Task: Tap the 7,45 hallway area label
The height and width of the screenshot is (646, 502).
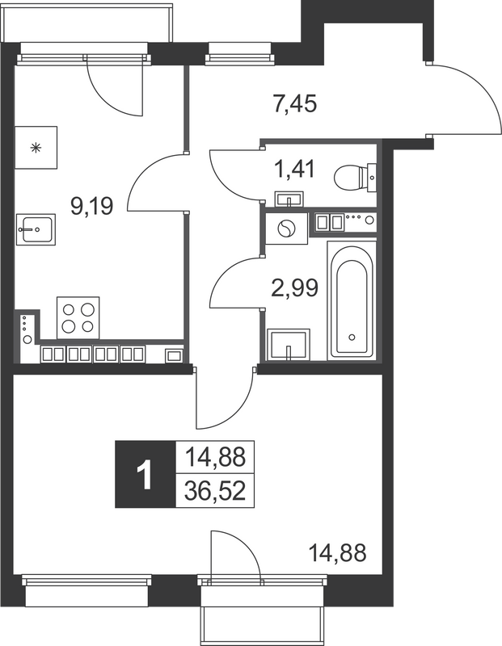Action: (x=294, y=104)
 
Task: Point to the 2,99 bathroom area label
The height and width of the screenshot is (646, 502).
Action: (x=293, y=286)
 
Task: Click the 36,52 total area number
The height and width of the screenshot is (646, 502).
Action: (x=215, y=492)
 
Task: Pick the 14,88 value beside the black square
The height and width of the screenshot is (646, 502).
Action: (x=215, y=458)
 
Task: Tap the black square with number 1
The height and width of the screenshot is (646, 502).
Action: (x=145, y=475)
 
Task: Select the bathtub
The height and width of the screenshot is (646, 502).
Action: (x=352, y=301)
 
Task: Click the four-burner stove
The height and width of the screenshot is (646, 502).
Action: (x=78, y=317)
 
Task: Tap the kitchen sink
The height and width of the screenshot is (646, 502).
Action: (x=35, y=229)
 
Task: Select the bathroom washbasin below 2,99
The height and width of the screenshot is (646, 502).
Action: (x=289, y=344)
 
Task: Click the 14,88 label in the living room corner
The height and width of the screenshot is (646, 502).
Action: (x=338, y=553)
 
